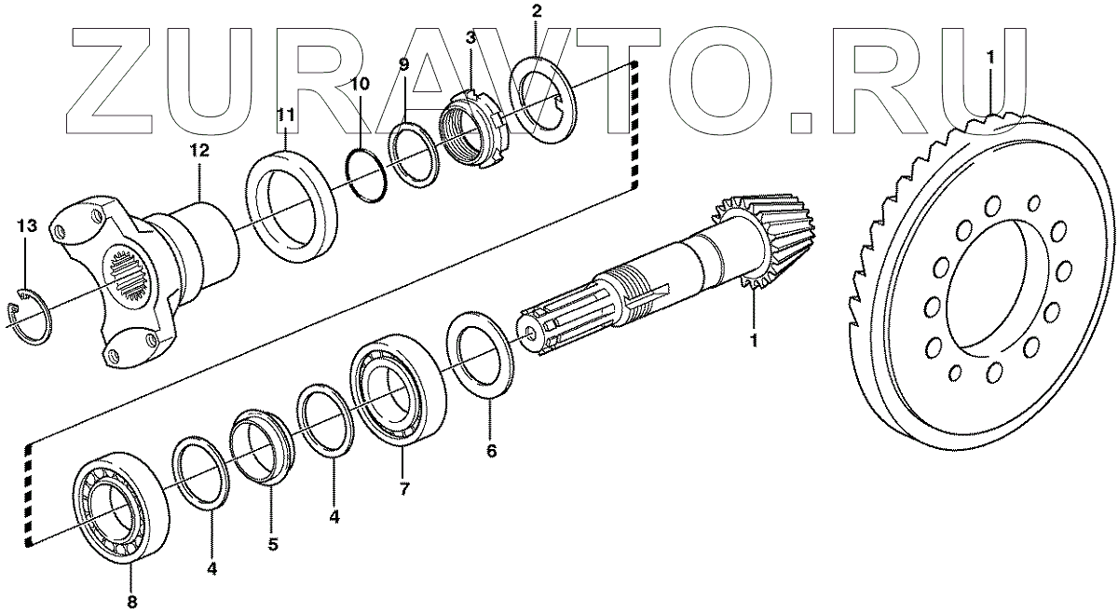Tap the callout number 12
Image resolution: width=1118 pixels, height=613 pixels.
[199, 149]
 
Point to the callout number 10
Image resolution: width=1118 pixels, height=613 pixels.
[360, 84]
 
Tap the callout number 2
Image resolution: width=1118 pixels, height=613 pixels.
[536, 11]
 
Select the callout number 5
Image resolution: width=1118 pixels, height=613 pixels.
[272, 546]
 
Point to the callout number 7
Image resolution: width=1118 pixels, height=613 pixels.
[403, 490]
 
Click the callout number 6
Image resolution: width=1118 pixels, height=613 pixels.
[491, 452]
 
